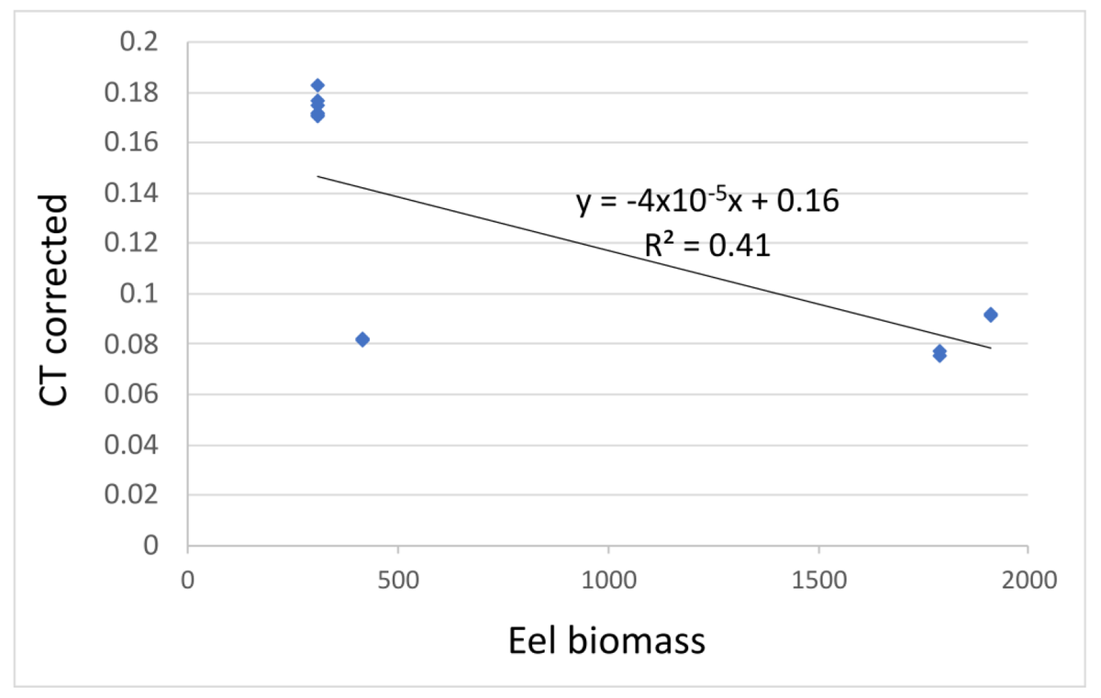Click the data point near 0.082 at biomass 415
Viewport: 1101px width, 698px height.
(x=362, y=339)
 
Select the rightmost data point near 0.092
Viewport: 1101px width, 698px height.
(x=990, y=315)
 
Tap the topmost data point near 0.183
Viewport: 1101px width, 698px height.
(x=317, y=85)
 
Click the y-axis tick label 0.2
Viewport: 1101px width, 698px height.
(x=140, y=43)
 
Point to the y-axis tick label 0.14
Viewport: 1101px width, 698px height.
(x=134, y=194)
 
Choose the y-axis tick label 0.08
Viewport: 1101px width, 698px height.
(x=134, y=345)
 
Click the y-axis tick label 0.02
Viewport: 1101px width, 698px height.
(x=134, y=496)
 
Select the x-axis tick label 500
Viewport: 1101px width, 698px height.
(x=398, y=580)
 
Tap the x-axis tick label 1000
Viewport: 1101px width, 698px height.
(x=608, y=580)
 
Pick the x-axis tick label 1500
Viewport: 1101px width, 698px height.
(x=818, y=580)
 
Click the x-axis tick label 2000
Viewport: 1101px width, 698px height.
(x=1028, y=580)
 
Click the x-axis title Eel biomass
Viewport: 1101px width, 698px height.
(x=606, y=641)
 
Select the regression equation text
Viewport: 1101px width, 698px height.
(x=707, y=202)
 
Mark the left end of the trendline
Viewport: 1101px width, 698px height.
(x=317, y=176)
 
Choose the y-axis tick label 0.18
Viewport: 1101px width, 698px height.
(x=134, y=94)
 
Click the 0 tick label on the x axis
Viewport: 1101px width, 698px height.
(x=188, y=580)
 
